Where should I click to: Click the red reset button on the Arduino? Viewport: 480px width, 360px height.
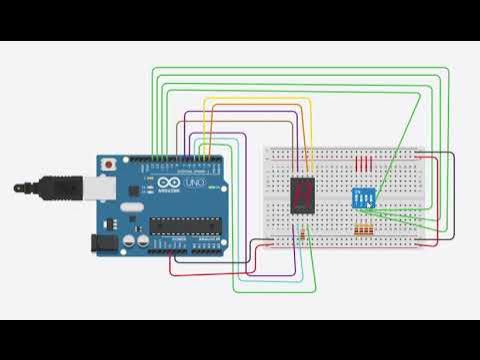(108, 162)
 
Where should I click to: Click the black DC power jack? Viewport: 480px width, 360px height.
(104, 241)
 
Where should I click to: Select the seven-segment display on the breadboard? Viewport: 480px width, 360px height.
(301, 193)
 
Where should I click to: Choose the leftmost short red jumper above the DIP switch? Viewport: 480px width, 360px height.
(359, 163)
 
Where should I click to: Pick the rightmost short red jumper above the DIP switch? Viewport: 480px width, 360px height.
(371, 163)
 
